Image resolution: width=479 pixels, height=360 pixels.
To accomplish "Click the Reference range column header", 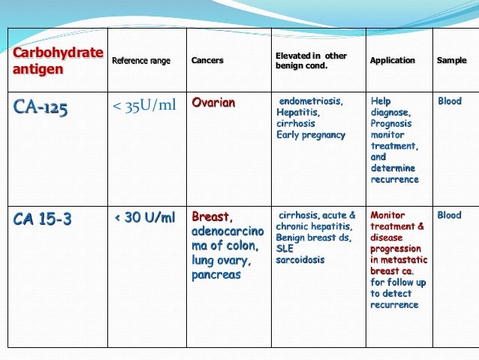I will [141, 61].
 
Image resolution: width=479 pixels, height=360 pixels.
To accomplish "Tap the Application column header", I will [393, 61].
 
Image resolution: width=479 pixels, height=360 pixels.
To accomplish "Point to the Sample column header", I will [451, 61].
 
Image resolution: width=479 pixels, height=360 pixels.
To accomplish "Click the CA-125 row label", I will [40, 110].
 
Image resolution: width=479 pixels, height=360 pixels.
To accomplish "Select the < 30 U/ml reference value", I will [144, 218].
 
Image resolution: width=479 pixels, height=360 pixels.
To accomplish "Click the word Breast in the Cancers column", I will [209, 217].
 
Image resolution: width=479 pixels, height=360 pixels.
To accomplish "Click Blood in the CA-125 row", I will [450, 101].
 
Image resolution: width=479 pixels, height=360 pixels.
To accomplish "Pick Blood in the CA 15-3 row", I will [450, 215].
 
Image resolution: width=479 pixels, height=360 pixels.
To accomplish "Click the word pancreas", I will [216, 275].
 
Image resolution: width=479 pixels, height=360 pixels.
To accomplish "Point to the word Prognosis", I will [392, 123].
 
